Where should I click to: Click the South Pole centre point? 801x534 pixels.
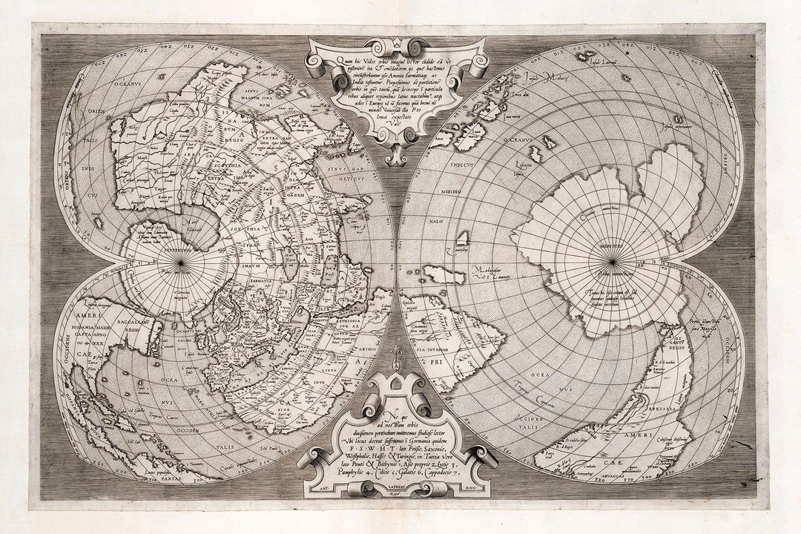click(x=613, y=261)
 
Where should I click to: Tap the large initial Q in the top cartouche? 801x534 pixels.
click(x=320, y=62)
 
